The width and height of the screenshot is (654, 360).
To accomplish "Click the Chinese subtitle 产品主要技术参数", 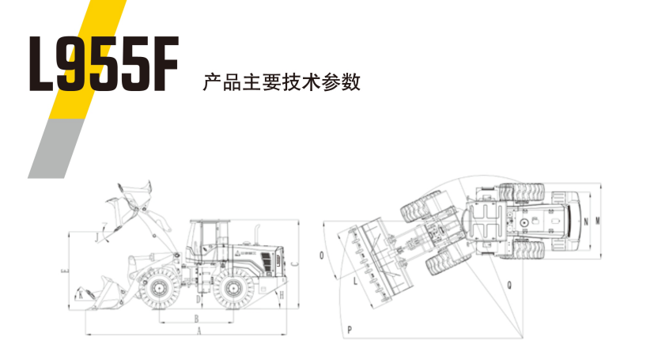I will click(282, 81).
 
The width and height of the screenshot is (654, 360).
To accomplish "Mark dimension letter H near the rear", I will click(282, 294).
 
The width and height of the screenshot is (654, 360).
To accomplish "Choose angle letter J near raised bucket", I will click(96, 236).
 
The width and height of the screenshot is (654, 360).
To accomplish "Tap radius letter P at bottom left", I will click(349, 326).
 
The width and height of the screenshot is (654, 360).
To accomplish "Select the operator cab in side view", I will click(203, 236).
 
